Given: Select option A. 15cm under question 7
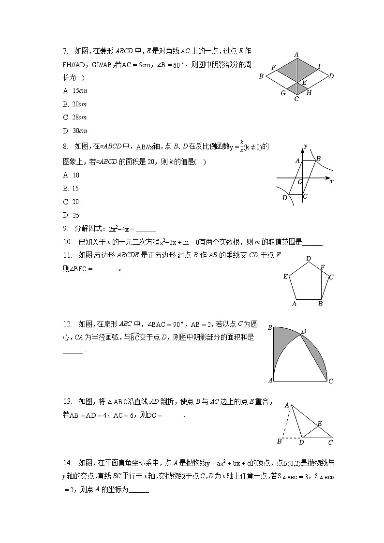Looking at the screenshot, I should coord(74,91).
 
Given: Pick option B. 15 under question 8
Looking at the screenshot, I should coord(71,189).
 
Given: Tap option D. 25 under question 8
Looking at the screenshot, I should coord(71,216).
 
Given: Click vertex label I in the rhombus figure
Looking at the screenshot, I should coord(319,67).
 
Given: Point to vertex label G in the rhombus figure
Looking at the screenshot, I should coord(283,93).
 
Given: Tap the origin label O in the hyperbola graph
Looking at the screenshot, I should coord(300,182).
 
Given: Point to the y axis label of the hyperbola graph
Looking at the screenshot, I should coord(305,145).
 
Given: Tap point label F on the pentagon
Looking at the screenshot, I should coord(323,267).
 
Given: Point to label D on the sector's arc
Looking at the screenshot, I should coord(303,331).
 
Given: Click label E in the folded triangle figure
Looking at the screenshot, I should coord(319,424).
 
